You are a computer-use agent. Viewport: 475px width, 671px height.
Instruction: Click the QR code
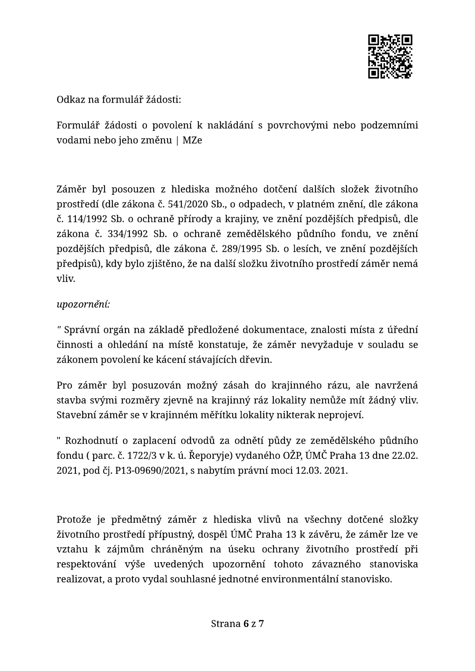390,57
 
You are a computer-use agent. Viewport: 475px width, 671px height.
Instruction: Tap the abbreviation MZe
192,140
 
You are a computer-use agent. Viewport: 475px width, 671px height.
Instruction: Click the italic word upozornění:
83,304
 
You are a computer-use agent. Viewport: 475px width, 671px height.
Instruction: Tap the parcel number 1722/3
140,456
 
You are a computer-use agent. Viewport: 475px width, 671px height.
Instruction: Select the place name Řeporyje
213,456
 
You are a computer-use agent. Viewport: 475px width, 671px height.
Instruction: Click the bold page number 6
246,624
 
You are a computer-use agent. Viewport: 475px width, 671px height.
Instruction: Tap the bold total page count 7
261,624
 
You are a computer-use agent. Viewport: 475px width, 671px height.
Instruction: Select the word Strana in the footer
226,624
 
